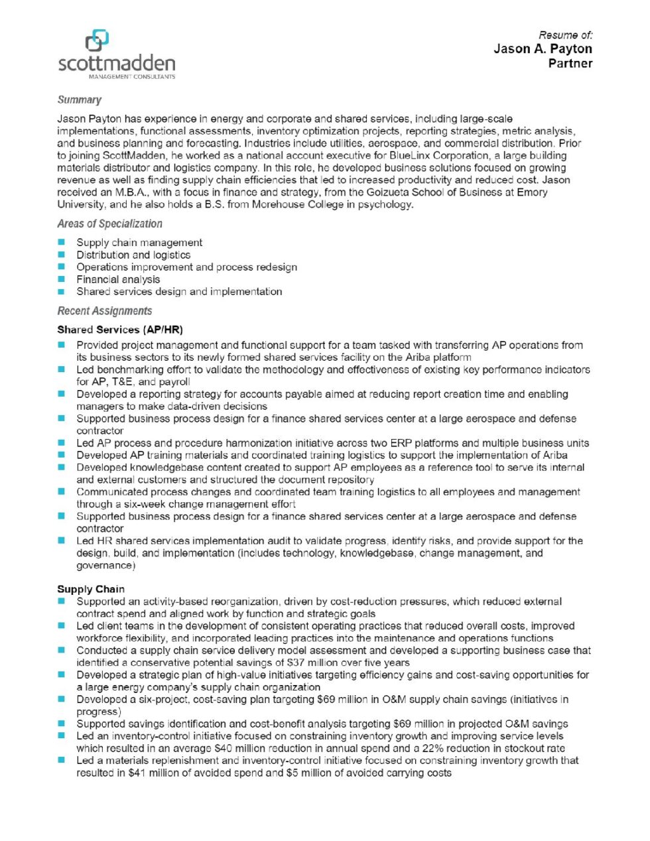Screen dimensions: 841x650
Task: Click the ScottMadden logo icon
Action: click(97, 40)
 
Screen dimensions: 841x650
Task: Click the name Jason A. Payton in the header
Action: click(543, 48)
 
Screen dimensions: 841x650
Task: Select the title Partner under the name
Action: click(570, 64)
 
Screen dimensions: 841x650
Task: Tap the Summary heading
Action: click(79, 99)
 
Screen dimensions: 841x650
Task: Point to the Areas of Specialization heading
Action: click(109, 224)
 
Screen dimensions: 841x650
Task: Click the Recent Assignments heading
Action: click(104, 311)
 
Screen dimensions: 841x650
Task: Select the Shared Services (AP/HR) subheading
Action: click(119, 330)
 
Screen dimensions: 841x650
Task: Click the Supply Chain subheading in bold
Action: click(91, 589)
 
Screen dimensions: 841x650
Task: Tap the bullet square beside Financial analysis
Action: click(62, 279)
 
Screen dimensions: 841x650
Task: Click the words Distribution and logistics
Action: click(133, 255)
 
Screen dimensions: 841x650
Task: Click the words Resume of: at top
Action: click(565, 34)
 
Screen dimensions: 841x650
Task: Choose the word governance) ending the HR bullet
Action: click(105, 566)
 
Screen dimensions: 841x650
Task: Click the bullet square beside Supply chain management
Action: click(62, 243)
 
